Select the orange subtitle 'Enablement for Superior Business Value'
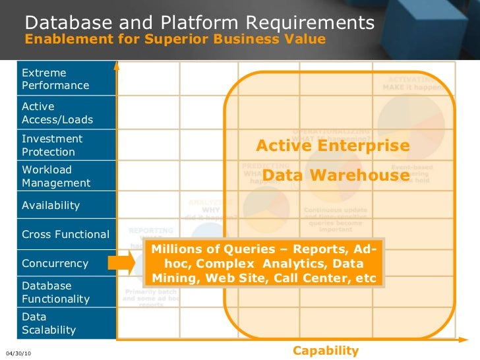175,39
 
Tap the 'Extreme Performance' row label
55,78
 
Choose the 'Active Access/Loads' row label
57,113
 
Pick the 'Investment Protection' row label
52,145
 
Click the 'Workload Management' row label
56,176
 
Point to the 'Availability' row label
51,205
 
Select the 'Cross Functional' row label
65,234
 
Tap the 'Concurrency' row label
55,263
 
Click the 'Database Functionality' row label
55,292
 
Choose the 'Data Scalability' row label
49,323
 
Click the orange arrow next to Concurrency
121,264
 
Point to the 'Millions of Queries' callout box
264,264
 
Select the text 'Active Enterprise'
332,145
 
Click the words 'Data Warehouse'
336,175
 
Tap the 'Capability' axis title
326,350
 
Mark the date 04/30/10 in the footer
18,353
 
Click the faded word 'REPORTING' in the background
151,231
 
